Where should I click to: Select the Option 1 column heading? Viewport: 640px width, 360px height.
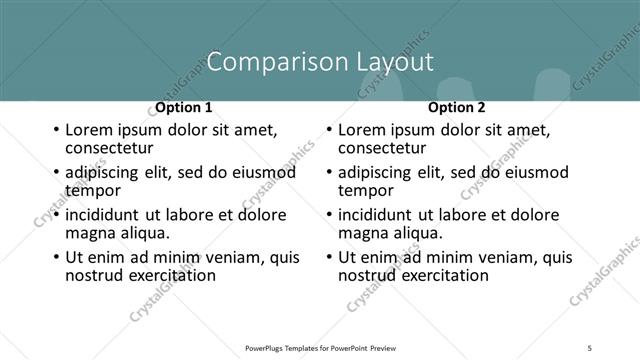183,107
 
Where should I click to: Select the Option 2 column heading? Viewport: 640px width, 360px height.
456,107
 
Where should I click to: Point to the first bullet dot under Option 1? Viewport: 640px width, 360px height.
55,131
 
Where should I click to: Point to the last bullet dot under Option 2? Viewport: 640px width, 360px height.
329,257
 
